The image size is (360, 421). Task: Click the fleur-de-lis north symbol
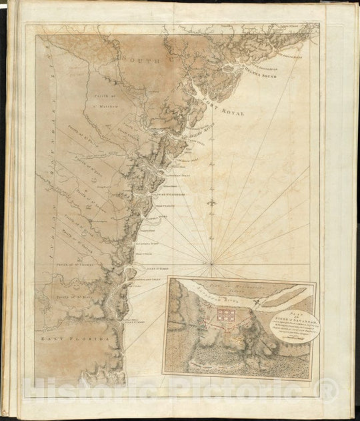213,201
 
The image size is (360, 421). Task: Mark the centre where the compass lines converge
212,264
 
